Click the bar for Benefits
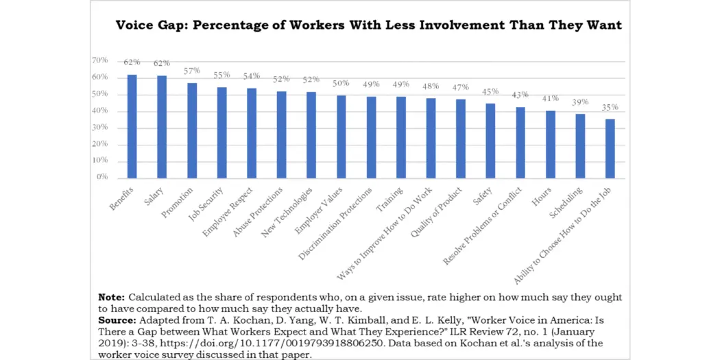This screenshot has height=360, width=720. pyautogui.click(x=132, y=127)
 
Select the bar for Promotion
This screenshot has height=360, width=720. pyautogui.click(x=192, y=130)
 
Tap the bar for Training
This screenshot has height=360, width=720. pyautogui.click(x=401, y=137)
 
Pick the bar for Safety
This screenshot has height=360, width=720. pyautogui.click(x=490, y=141)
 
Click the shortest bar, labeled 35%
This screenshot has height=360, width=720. pyautogui.click(x=610, y=149)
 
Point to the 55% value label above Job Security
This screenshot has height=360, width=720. pyautogui.click(x=221, y=75)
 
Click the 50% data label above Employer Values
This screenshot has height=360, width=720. pyautogui.click(x=341, y=84)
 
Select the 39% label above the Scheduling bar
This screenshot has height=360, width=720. pyautogui.click(x=580, y=102)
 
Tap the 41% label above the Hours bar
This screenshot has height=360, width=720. pyautogui.click(x=550, y=99)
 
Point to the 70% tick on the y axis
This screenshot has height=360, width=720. pyautogui.click(x=99, y=60)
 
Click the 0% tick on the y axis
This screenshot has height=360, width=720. pyautogui.click(x=101, y=177)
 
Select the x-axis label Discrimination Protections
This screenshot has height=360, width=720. pyautogui.click(x=337, y=223)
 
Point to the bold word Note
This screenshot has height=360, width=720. pyautogui.click(x=111, y=298)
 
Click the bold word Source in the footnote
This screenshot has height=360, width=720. pyautogui.click(x=117, y=320)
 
